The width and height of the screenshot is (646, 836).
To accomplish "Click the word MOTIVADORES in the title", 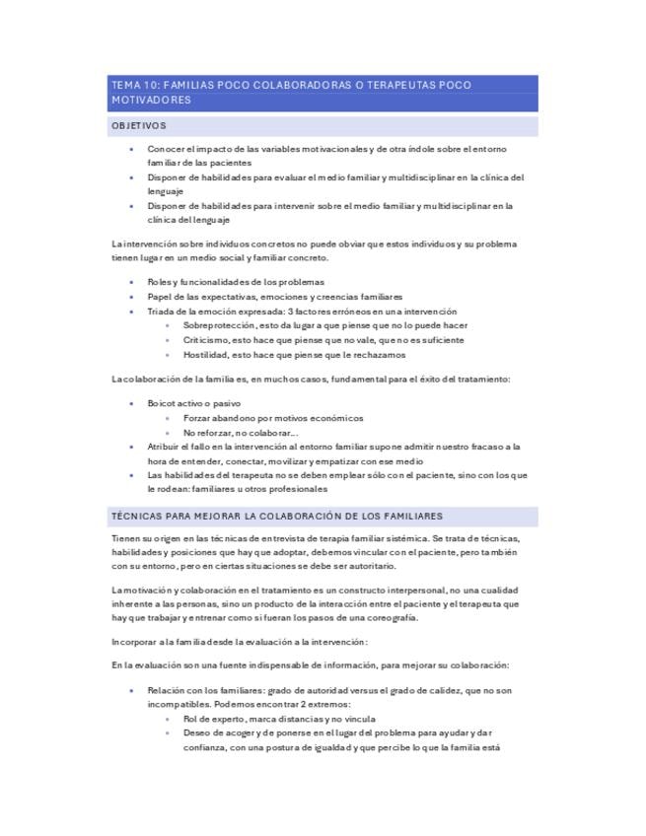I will [x=151, y=101].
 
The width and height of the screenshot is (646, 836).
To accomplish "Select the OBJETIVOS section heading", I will [x=138, y=126].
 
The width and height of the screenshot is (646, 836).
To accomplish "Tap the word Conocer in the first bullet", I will [x=166, y=149].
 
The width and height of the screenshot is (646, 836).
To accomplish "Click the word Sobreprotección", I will [x=217, y=325].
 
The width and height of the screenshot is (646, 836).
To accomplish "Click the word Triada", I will [x=161, y=311].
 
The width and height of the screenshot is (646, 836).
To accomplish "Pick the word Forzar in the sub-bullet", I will [x=197, y=418].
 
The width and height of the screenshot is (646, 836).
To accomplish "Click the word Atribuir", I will [x=166, y=447].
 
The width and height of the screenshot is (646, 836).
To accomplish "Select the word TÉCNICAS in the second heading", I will [x=138, y=516].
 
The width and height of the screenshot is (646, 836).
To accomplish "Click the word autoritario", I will [x=367, y=567].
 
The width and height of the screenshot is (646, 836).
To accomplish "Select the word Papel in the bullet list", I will [x=160, y=296].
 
